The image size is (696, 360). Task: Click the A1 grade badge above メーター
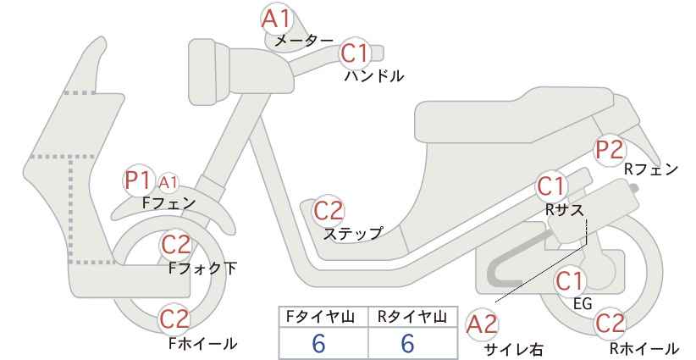click(276, 19)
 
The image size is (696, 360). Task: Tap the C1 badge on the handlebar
click(355, 53)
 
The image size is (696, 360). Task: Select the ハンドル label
click(374, 76)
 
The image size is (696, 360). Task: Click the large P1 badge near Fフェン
click(138, 180)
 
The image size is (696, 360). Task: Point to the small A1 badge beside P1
click(168, 182)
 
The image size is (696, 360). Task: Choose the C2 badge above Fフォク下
click(176, 245)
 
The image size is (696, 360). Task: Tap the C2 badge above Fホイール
click(175, 319)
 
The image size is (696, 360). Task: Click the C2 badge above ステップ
click(329, 210)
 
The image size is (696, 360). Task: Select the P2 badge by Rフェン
click(610, 150)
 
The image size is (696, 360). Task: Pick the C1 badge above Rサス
click(551, 187)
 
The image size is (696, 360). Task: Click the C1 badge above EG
click(570, 281)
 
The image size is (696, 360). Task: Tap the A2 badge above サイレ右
click(482, 324)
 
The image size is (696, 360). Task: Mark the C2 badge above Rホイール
click(610, 324)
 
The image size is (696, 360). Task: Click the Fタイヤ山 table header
click(320, 317)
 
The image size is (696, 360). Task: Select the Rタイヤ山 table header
click(412, 317)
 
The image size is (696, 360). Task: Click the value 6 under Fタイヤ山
click(318, 344)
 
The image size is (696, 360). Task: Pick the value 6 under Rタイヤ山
click(407, 344)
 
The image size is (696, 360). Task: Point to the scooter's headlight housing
click(209, 72)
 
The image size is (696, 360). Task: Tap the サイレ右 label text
click(514, 350)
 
